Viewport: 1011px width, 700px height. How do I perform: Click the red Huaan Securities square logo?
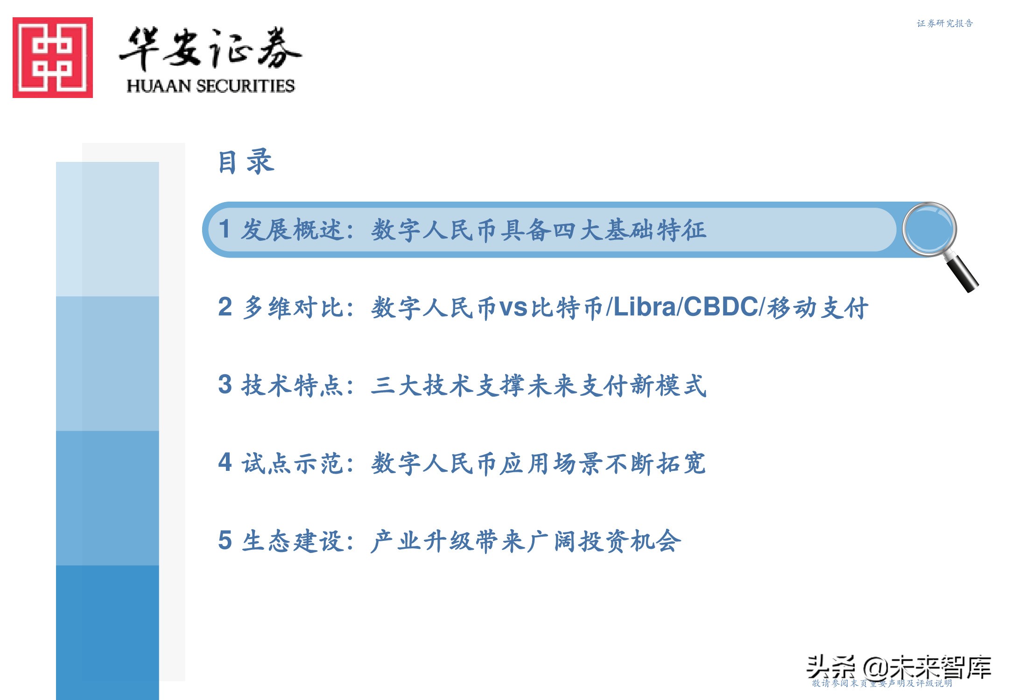click(x=53, y=57)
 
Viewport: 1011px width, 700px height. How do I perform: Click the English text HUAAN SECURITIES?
click(x=211, y=86)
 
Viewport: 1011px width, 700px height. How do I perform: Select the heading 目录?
click(x=246, y=162)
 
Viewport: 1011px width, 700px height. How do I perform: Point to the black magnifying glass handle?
click(x=962, y=273)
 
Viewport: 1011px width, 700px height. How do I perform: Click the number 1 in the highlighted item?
click(x=225, y=229)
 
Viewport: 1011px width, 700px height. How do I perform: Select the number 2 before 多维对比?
click(x=225, y=307)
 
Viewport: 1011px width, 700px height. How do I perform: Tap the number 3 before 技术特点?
click(x=225, y=385)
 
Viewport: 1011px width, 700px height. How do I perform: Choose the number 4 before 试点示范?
click(x=225, y=462)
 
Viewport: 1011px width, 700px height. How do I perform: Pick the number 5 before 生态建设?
click(x=225, y=540)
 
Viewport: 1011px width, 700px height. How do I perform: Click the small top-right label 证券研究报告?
click(x=945, y=23)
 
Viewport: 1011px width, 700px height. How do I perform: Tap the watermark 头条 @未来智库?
click(x=899, y=667)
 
